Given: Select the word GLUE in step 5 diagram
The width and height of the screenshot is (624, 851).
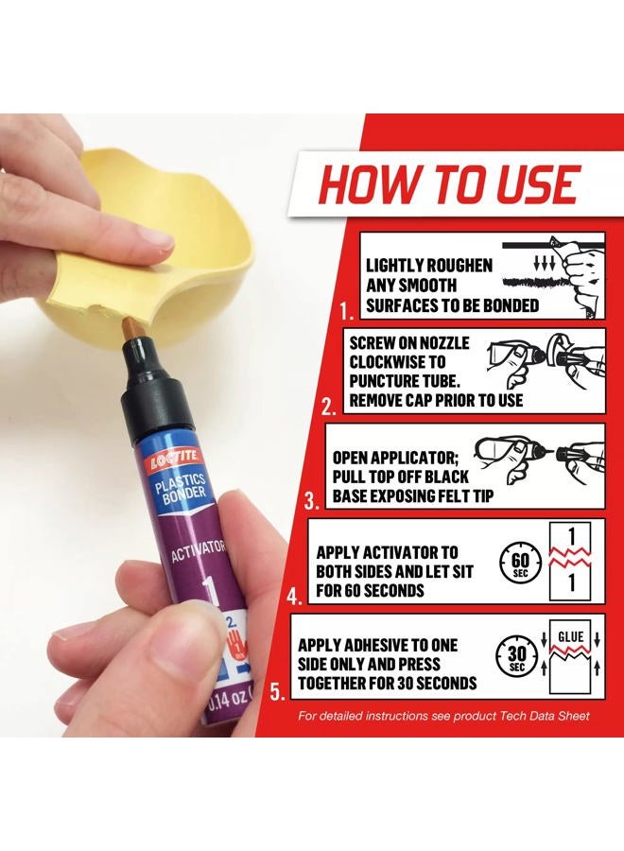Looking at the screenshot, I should pos(571,636).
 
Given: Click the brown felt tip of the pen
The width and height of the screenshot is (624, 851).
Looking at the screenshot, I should pos(130,329).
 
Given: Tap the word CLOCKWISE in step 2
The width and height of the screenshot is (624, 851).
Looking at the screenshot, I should pos(394,361).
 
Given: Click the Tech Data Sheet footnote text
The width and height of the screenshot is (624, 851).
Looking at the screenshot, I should pos(443,716).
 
